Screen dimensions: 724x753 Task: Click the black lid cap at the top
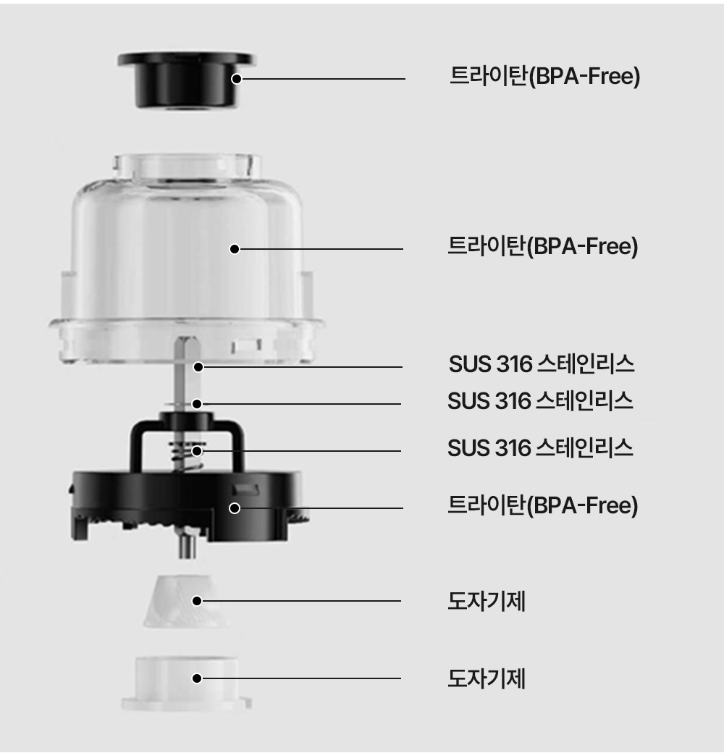click(x=186, y=80)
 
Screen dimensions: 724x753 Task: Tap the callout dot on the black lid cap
click(x=236, y=79)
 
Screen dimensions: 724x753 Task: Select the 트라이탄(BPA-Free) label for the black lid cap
click(x=545, y=76)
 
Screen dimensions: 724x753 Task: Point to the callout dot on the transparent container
click(x=235, y=249)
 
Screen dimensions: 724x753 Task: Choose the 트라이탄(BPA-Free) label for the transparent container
click(x=543, y=246)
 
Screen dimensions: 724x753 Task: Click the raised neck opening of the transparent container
click(x=188, y=166)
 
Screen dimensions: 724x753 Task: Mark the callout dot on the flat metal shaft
click(x=198, y=367)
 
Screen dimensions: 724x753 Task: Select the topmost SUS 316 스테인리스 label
click(x=542, y=364)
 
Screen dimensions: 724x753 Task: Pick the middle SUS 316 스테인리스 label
click(x=541, y=401)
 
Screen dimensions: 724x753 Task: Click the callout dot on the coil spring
click(x=197, y=451)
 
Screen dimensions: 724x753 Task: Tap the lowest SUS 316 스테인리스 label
click(x=541, y=448)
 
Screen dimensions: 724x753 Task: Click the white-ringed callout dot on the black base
click(x=235, y=508)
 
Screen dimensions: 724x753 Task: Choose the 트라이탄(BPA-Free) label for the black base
click(x=543, y=505)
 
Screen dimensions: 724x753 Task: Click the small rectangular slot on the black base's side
click(x=246, y=490)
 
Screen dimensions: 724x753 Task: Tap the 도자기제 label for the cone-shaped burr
click(x=487, y=601)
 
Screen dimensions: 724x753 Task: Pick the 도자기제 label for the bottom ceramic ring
click(x=487, y=678)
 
